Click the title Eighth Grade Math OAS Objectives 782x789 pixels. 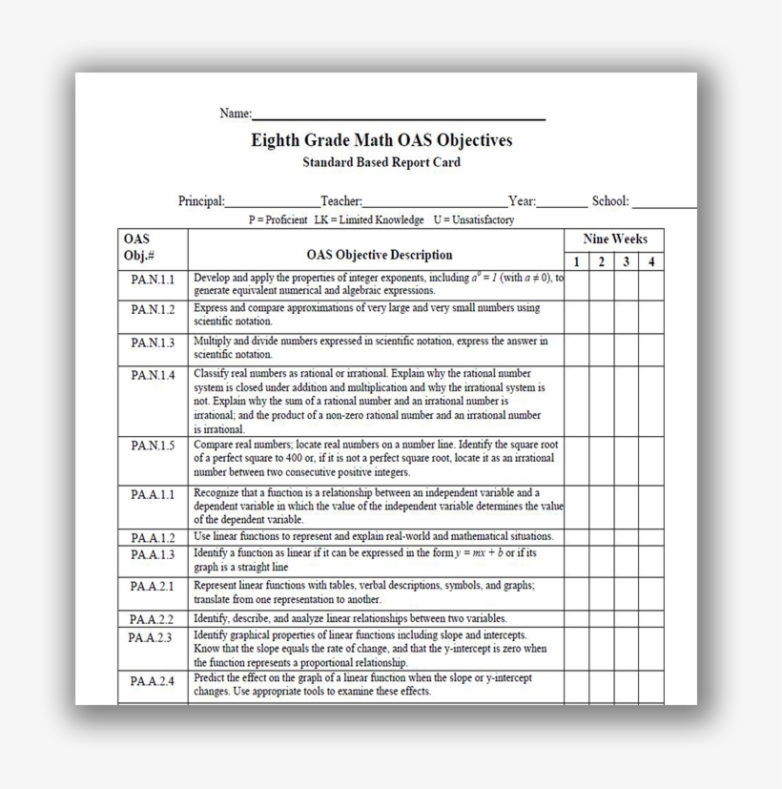pyautogui.click(x=381, y=140)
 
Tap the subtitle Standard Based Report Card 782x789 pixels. pyautogui.click(x=381, y=162)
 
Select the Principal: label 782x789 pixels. pyautogui.click(x=201, y=201)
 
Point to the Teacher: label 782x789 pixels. pyautogui.click(x=341, y=201)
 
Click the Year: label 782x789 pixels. pyautogui.click(x=523, y=201)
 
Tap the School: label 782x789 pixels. pyautogui.click(x=610, y=201)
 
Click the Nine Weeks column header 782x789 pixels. pyautogui.click(x=615, y=239)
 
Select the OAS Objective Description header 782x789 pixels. pyautogui.click(x=380, y=255)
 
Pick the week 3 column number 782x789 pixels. pyautogui.click(x=627, y=261)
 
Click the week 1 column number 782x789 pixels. pyautogui.click(x=576, y=261)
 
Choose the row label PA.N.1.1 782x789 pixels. pyautogui.click(x=153, y=280)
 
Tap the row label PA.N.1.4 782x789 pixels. pyautogui.click(x=153, y=375)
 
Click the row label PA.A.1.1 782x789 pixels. pyautogui.click(x=153, y=494)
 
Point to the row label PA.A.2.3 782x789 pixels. pyautogui.click(x=151, y=637)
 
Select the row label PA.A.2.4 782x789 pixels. pyautogui.click(x=153, y=681)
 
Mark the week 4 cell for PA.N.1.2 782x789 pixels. pyautogui.click(x=651, y=316)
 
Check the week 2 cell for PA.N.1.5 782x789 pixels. pyautogui.click(x=601, y=459)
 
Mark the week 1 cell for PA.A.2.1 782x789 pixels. pyautogui.click(x=576, y=592)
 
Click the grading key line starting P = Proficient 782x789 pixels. pyautogui.click(x=381, y=219)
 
